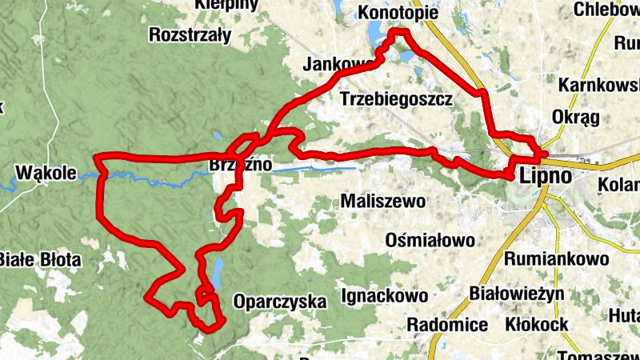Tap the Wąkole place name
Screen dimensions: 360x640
pyautogui.click(x=45, y=172)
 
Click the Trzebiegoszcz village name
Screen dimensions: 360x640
pyautogui.click(x=397, y=99)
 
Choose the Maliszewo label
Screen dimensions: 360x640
pyautogui.click(x=383, y=201)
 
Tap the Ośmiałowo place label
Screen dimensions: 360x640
pyautogui.click(x=430, y=239)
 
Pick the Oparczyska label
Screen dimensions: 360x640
pyautogui.click(x=280, y=302)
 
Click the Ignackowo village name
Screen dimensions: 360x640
pyautogui.click(x=384, y=296)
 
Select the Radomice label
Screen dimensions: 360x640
pyautogui.click(x=447, y=324)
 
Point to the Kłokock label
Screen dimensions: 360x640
pyautogui.click(x=537, y=324)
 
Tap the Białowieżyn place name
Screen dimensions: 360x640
pyautogui.click(x=518, y=293)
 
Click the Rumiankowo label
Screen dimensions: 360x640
pyautogui.click(x=557, y=258)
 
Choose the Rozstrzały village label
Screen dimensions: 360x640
pyautogui.click(x=190, y=35)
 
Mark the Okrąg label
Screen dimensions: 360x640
pyautogui.click(x=576, y=118)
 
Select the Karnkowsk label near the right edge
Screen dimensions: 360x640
pyautogui.click(x=598, y=85)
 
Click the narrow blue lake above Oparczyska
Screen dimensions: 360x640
pyautogui.click(x=217, y=273)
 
